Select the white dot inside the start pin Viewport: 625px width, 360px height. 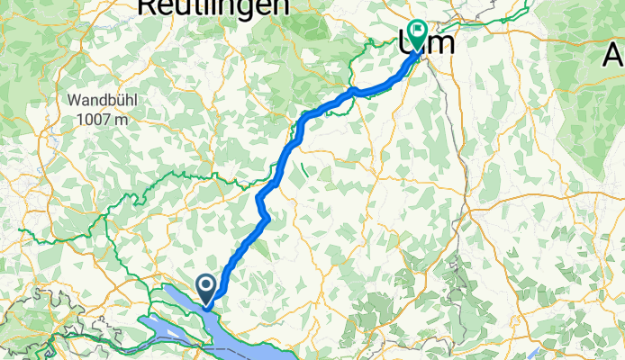click(x=206, y=286)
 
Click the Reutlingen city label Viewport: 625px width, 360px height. click(x=214, y=7)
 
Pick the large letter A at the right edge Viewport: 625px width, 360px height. click(x=614, y=56)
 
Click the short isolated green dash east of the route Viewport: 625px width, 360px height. click(x=305, y=167)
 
